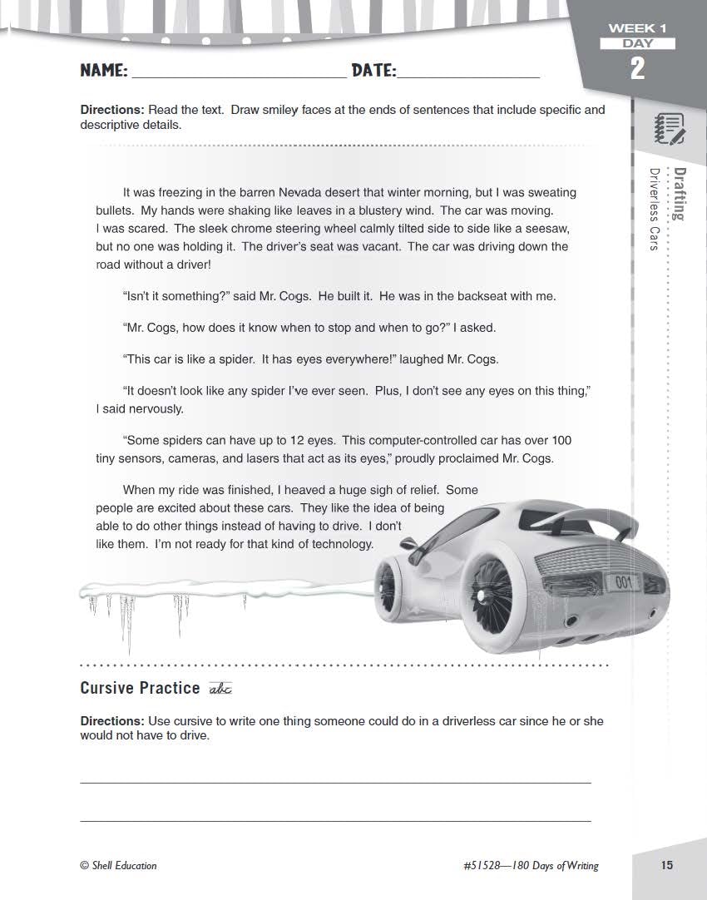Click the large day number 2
coord(637,68)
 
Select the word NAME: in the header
coord(104,71)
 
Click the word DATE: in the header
coord(373,71)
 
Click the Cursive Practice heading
coord(140,688)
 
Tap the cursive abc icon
coord(220,689)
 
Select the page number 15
coord(667,865)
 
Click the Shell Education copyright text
coord(118,865)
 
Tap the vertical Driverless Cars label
coord(655,209)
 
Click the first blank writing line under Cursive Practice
coord(335,782)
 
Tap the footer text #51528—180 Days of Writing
coord(530,865)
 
